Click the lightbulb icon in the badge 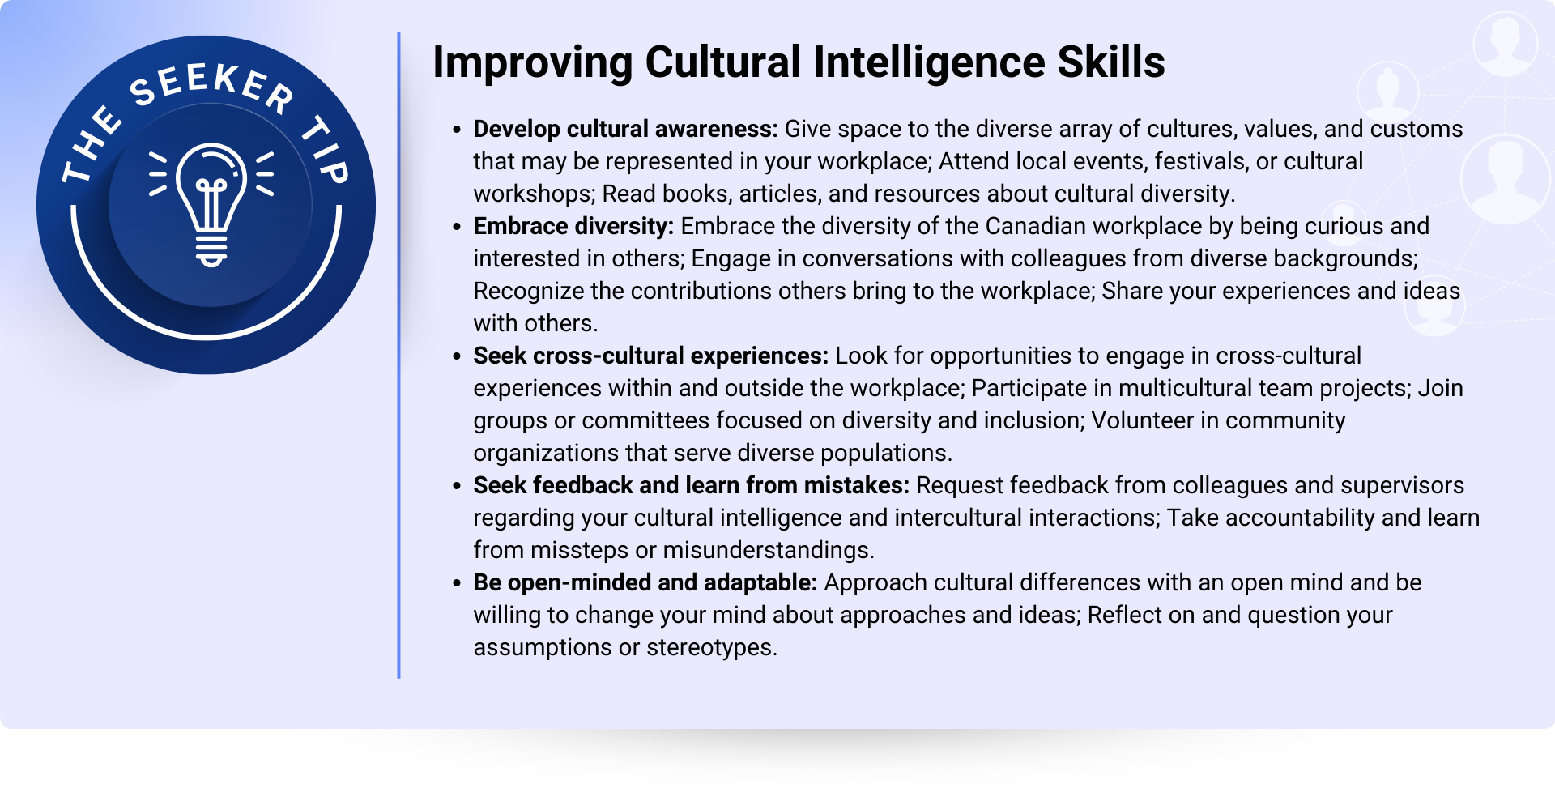point(211,205)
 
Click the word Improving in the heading point(533,62)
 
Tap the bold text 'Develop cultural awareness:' point(625,129)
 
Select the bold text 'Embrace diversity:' point(573,226)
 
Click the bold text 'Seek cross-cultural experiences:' point(651,356)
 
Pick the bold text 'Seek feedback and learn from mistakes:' point(692,485)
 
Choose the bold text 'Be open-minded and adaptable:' point(645,582)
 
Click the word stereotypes point(712,648)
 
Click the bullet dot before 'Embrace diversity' point(458,227)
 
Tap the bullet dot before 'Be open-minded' point(458,583)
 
